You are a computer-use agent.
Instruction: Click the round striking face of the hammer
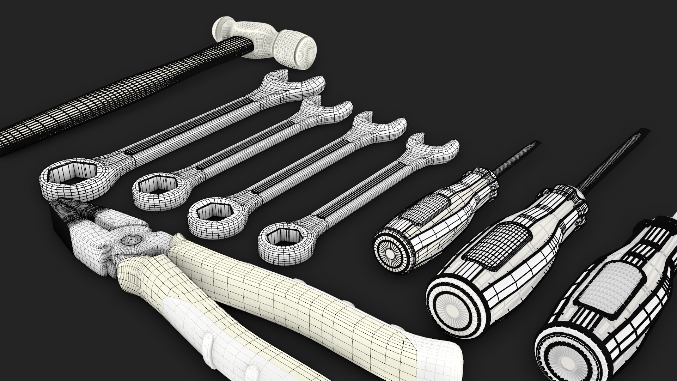coord(305,50)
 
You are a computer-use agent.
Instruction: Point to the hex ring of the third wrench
coord(212,212)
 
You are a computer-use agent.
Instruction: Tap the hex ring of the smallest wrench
coord(282,239)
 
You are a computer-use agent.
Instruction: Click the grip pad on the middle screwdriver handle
coord(499,247)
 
